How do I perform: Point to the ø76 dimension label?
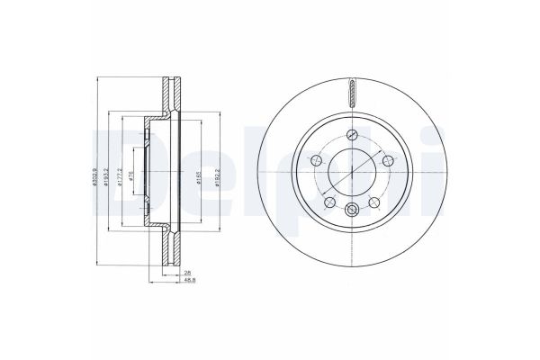point(131,175)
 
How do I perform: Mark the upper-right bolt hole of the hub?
point(388,160)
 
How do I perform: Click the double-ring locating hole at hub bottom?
point(351,212)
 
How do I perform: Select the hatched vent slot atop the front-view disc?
point(351,91)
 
